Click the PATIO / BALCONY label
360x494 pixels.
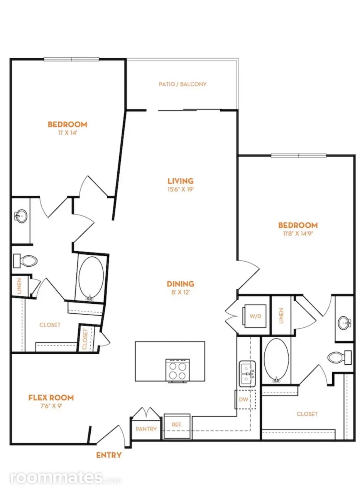[x=183, y=84]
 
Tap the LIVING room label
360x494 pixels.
[x=181, y=181]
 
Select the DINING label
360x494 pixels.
[x=181, y=284]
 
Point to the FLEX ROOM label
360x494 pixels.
[x=51, y=398]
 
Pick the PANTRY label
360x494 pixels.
[x=146, y=429]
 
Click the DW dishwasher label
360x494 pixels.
[x=243, y=399]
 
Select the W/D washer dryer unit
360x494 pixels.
[x=254, y=316]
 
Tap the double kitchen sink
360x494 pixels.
[x=247, y=374]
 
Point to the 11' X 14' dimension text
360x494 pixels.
[x=67, y=133]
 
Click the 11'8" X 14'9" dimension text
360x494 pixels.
[x=298, y=233]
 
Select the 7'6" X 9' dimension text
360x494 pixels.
[x=52, y=406]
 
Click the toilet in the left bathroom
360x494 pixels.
[x=25, y=261]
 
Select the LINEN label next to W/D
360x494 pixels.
[x=281, y=316]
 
